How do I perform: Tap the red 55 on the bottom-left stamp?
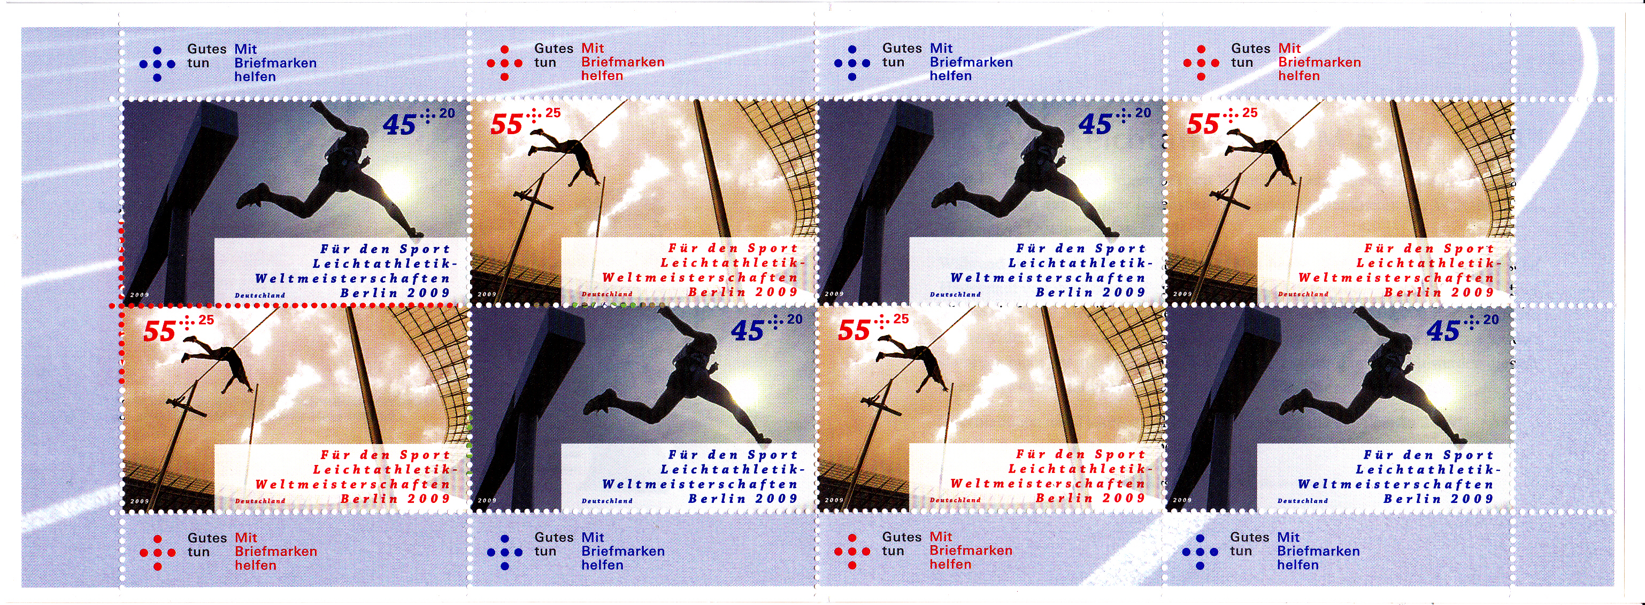click(159, 331)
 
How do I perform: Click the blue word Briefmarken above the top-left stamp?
click(275, 63)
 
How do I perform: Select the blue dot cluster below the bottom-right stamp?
click(1200, 552)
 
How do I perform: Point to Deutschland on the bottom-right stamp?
click(1303, 501)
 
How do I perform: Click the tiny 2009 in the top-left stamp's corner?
click(140, 295)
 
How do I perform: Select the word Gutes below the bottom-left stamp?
click(207, 538)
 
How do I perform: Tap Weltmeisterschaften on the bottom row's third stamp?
click(1048, 484)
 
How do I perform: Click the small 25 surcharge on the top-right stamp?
click(1250, 113)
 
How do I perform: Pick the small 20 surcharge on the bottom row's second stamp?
click(794, 319)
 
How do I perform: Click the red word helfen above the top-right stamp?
click(1298, 76)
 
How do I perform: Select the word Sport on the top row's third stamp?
click(1121, 249)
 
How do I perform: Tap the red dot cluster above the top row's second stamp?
click(504, 63)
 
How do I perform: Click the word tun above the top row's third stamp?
click(893, 63)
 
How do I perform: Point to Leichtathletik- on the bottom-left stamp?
click(385, 470)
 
